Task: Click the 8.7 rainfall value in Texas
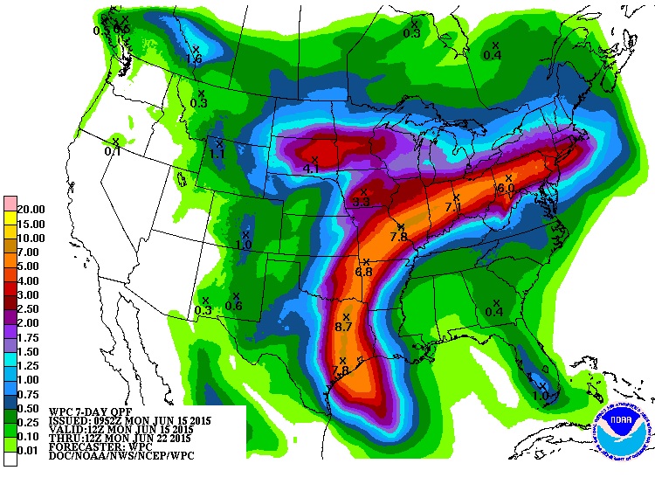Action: point(343,327)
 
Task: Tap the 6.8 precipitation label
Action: point(363,273)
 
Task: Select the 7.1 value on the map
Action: point(452,208)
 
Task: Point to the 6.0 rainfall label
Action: point(506,188)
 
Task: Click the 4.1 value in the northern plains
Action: point(311,169)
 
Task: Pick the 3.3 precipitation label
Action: point(362,202)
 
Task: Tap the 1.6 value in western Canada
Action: point(194,59)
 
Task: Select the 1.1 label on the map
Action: point(217,154)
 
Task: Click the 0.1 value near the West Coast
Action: point(113,151)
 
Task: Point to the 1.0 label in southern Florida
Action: point(541,396)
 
